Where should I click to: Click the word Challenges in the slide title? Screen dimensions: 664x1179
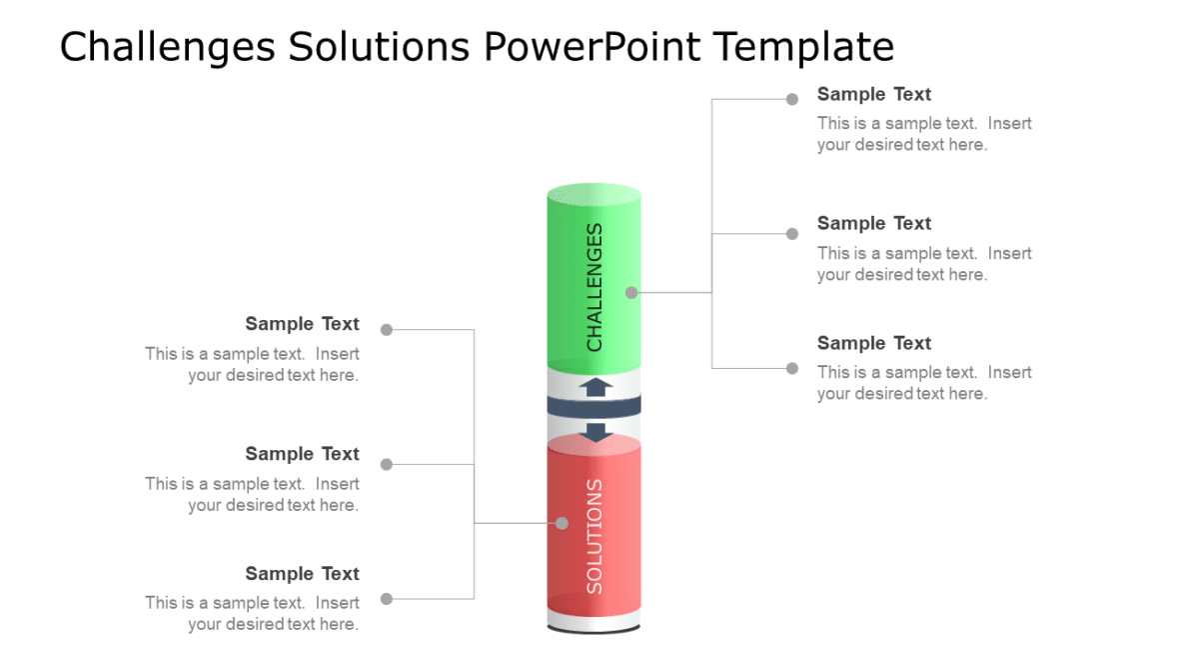coord(166,47)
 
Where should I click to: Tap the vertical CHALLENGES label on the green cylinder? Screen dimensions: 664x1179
coord(594,287)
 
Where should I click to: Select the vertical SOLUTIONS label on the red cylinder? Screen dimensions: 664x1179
coord(594,536)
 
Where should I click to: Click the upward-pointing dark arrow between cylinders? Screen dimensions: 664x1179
coord(596,387)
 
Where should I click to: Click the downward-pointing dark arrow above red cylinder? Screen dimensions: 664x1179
coord(596,432)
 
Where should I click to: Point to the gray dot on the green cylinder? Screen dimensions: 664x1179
coord(631,293)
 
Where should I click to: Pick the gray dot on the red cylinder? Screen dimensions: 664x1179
coord(562,523)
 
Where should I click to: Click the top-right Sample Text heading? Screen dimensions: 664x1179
coord(873,94)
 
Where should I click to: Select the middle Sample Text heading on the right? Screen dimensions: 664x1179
coord(873,223)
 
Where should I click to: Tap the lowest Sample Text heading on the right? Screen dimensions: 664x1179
coord(873,343)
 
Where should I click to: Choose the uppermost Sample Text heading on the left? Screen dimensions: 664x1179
coord(302,324)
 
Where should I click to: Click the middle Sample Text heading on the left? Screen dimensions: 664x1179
coord(302,454)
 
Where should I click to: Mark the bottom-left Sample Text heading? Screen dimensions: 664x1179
coord(302,574)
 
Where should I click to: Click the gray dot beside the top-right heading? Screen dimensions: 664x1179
coord(792,99)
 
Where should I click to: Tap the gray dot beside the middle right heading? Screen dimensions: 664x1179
coord(792,234)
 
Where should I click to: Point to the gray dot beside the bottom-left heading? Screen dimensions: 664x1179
coord(387,599)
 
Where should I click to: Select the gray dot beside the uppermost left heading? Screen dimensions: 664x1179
coord(387,330)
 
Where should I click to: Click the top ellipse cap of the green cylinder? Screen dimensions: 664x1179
coord(594,194)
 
